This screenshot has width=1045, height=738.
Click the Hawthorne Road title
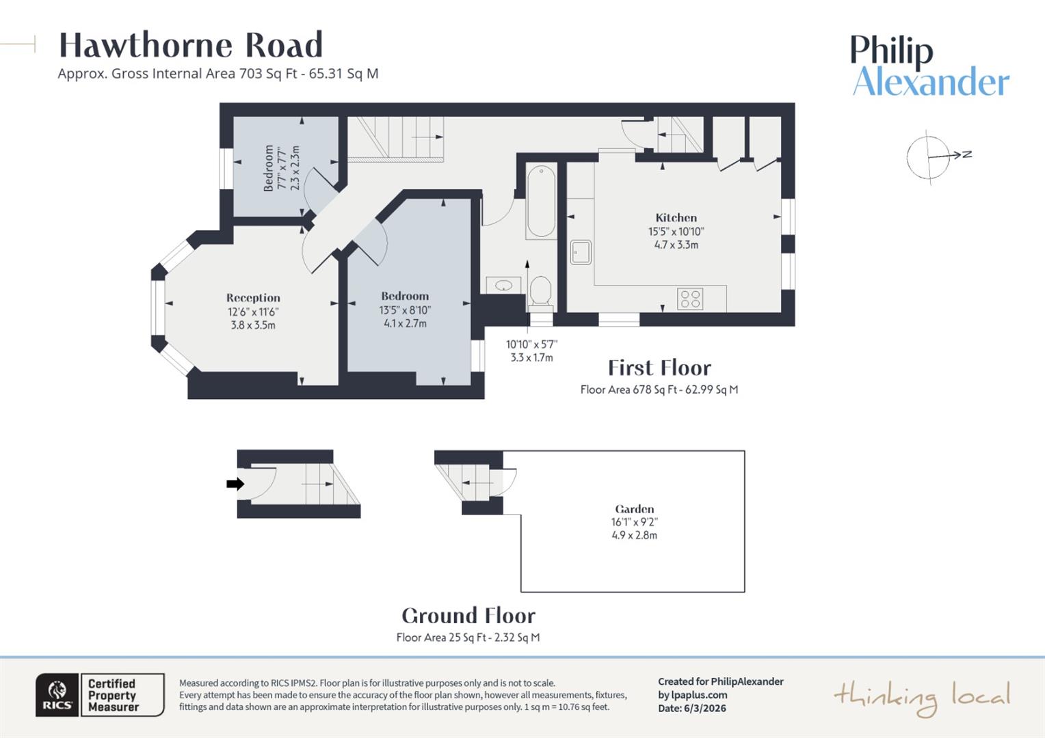(x=190, y=45)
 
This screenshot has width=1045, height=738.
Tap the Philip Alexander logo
(x=929, y=66)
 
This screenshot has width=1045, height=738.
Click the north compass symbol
(x=929, y=156)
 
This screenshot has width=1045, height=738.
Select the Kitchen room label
(x=676, y=218)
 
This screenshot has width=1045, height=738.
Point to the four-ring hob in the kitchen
(x=689, y=299)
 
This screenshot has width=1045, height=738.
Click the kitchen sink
(x=581, y=252)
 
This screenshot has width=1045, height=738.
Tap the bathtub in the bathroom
(x=541, y=201)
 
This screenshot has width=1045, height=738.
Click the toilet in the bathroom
(x=540, y=292)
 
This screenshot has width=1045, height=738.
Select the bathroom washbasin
(x=504, y=285)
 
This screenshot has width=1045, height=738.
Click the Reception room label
(x=253, y=298)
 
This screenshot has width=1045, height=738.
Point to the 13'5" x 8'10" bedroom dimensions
(x=405, y=310)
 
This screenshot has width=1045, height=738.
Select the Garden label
(x=634, y=509)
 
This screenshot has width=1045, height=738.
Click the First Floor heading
(x=659, y=368)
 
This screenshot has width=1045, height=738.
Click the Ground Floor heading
(x=468, y=616)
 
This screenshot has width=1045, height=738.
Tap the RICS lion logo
(x=57, y=694)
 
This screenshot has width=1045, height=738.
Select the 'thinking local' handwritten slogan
(x=921, y=697)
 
